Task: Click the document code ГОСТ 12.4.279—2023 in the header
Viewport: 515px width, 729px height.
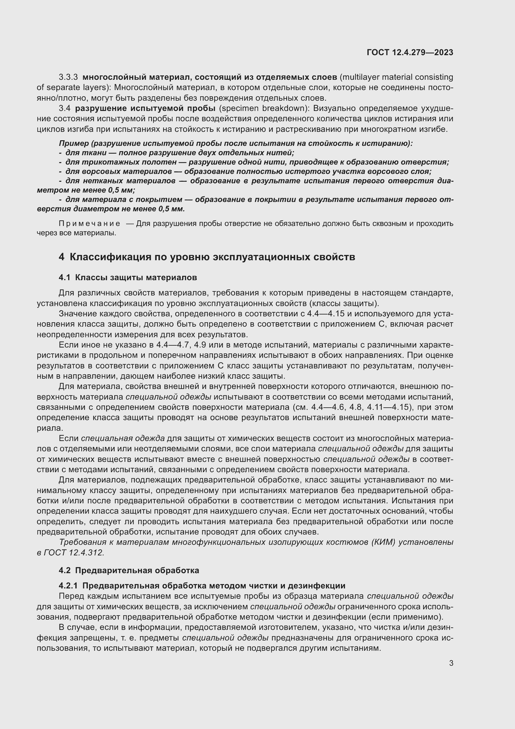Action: pos(410,52)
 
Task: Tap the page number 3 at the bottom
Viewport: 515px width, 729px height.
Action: pos(451,663)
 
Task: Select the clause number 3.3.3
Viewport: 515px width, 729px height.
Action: pos(68,77)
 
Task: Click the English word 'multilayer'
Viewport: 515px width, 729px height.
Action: pos(361,77)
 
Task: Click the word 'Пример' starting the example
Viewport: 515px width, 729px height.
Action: pos(74,143)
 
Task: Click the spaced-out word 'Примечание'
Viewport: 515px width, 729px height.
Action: pos(89,223)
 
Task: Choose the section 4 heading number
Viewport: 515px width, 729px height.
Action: pos(62,257)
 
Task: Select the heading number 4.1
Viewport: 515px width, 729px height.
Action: pos(64,277)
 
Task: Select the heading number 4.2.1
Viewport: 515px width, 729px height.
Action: pos(68,586)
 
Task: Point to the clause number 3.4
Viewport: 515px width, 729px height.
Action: pos(64,108)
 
